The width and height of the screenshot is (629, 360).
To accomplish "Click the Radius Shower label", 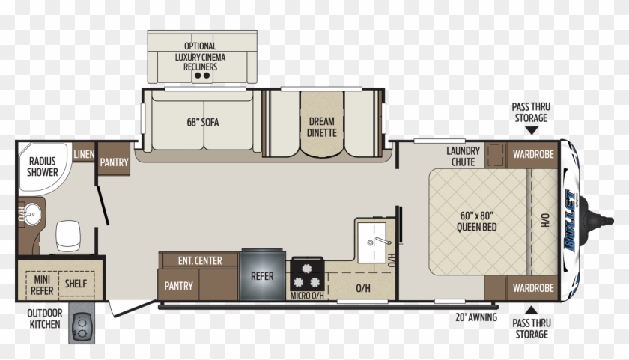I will click(x=43, y=166).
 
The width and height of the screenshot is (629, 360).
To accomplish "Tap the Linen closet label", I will click(x=84, y=155).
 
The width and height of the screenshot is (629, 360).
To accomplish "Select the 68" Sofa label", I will click(x=202, y=122).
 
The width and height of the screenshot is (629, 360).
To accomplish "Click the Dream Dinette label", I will click(x=322, y=126).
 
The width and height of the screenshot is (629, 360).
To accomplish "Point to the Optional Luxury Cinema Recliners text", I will click(x=200, y=56).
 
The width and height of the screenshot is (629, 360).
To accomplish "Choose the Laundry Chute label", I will click(x=463, y=156).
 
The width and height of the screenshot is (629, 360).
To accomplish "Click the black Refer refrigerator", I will click(x=262, y=276).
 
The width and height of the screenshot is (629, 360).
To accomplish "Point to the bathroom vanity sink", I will click(x=31, y=216).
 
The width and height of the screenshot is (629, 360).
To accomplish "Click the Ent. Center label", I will click(x=199, y=261).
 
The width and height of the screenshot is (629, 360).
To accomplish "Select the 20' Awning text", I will click(x=477, y=316).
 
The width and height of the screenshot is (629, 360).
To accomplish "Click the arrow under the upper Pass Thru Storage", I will click(x=530, y=130).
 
